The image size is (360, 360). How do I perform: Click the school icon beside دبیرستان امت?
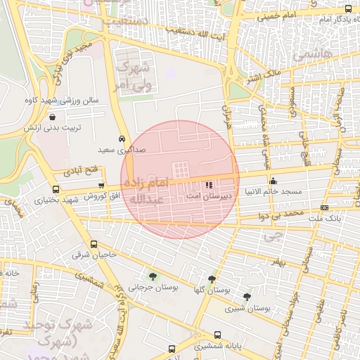[x=208, y=185]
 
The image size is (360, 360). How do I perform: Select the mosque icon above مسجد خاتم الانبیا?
[x=272, y=182]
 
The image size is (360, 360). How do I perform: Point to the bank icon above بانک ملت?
[x=324, y=207]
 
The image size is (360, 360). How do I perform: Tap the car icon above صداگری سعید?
[x=122, y=139]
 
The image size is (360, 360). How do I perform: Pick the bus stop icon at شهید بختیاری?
[x=56, y=188]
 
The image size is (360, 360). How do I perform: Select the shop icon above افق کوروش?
[x=101, y=186]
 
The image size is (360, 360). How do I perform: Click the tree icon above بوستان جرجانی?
[x=154, y=276]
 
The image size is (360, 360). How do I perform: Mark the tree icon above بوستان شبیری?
[x=246, y=297]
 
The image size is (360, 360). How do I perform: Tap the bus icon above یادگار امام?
[x=349, y=8]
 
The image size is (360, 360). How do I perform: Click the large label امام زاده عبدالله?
[x=152, y=191]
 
